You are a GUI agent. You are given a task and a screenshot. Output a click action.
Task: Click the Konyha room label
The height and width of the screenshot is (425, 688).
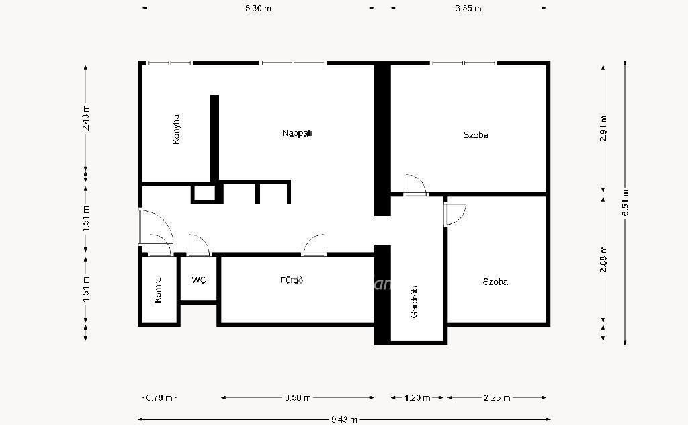coord(177,129)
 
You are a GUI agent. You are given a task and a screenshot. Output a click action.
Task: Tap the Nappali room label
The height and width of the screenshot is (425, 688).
coord(297,133)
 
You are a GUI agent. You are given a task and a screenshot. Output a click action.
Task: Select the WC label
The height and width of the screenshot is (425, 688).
coord(199,280)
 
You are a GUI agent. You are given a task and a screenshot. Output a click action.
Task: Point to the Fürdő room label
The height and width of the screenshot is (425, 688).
coord(292,280)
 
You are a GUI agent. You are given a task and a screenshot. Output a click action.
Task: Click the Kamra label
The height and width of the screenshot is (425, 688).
coord(159,290)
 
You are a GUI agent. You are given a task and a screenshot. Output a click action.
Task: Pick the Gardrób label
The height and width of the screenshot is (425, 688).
coord(414,302)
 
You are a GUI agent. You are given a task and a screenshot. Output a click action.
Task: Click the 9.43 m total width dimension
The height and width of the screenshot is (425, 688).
coord(345,420)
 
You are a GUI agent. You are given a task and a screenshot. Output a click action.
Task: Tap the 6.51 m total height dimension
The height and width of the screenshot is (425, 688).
coord(626,202)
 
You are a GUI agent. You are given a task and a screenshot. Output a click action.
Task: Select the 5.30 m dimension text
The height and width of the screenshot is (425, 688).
coord(259,8)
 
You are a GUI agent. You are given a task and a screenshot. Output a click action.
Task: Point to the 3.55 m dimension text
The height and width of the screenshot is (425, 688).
coord(468,8)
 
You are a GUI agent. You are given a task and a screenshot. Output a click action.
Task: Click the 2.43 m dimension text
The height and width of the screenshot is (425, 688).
coord(85,118)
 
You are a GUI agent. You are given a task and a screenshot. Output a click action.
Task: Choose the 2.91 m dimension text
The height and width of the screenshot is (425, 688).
coord(604,128)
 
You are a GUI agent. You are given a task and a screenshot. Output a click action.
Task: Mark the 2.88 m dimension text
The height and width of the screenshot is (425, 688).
coord(604,259)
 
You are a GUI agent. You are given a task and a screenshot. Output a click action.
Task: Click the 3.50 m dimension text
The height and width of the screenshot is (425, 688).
coord(298,398)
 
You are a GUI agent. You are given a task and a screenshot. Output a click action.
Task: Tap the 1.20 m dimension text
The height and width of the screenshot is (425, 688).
coord(417,398)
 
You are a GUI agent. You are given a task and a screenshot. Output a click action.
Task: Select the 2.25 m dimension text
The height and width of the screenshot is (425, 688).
coord(497,398)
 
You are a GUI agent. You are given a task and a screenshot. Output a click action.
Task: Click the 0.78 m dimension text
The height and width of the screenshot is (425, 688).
coord(159,398)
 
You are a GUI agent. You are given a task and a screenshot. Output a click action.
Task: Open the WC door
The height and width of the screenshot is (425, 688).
coord(199,246)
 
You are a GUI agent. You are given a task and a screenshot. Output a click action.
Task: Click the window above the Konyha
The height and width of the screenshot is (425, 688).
coord(170,63)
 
